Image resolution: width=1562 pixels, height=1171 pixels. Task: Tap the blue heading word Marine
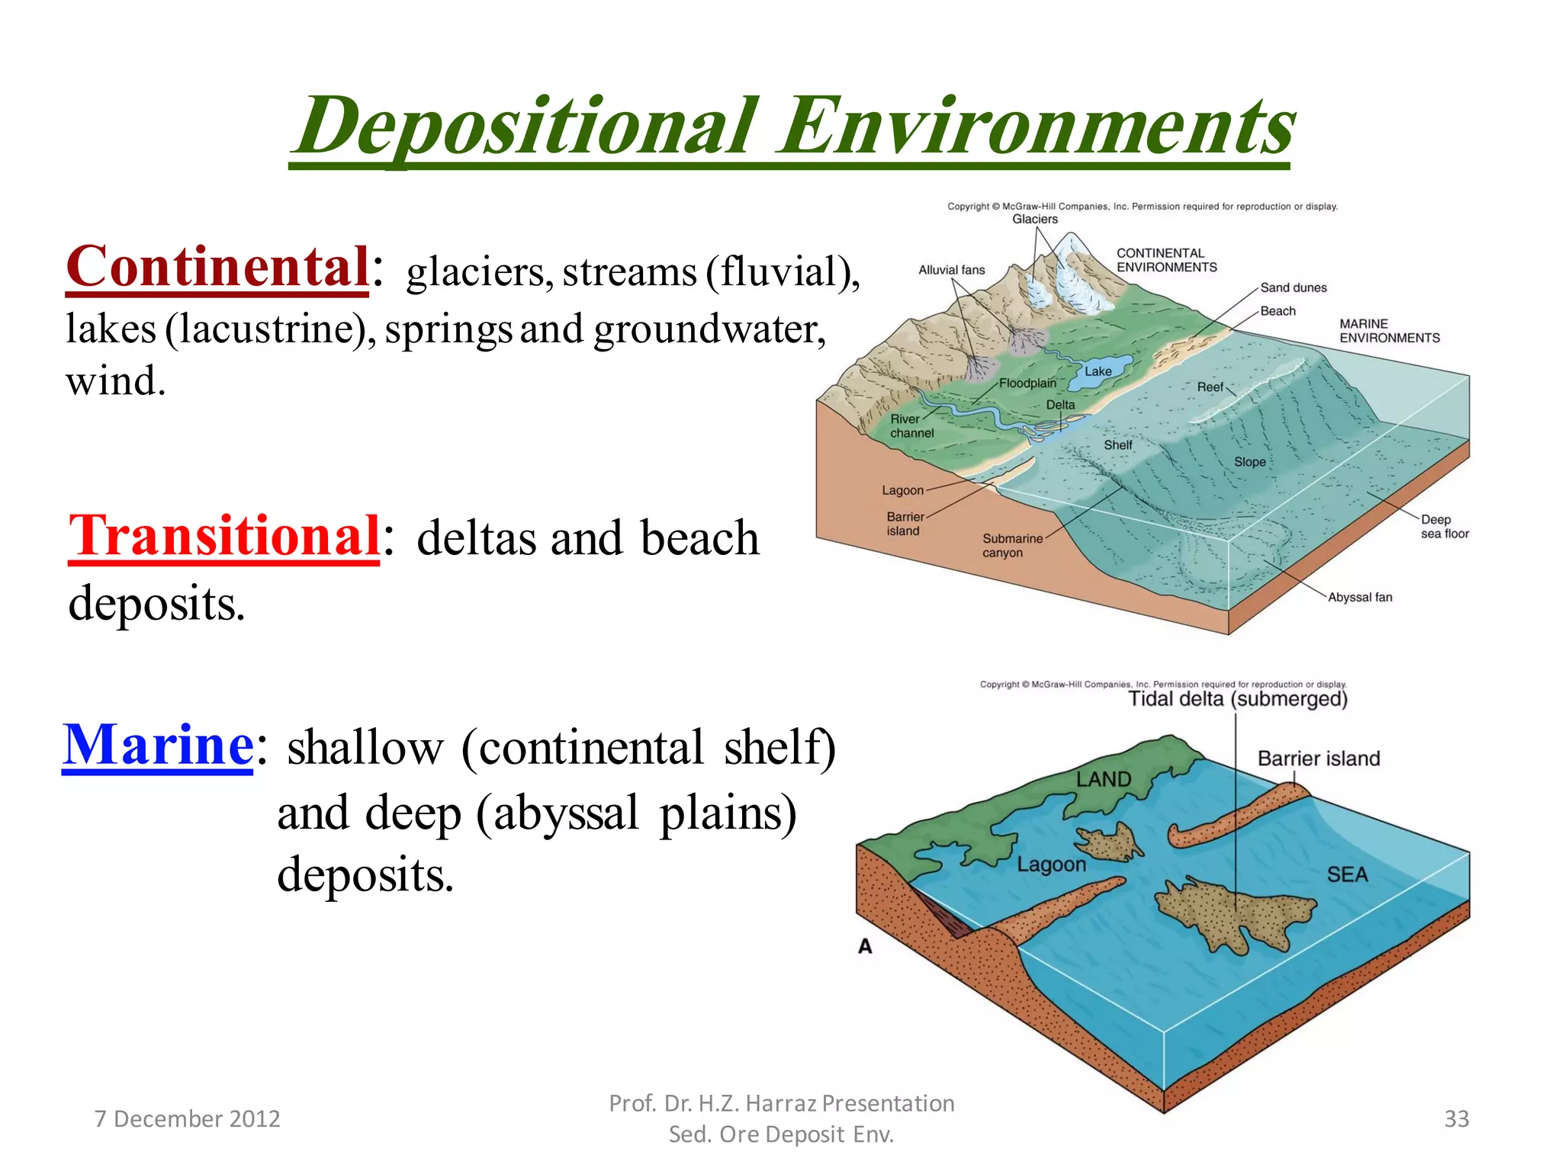click(x=158, y=745)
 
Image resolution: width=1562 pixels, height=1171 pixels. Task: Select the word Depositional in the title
click(x=526, y=126)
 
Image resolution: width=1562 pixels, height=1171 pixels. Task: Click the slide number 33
click(x=1456, y=1118)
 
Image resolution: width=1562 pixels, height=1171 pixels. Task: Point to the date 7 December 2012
click(x=187, y=1118)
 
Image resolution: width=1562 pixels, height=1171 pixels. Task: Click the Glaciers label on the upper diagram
click(x=1034, y=220)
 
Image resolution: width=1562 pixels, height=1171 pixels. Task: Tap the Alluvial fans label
click(x=951, y=270)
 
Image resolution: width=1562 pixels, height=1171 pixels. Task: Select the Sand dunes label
click(x=1293, y=287)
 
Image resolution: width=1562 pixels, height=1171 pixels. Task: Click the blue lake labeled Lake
click(x=1098, y=371)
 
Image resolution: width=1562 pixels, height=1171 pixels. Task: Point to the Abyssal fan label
click(x=1359, y=597)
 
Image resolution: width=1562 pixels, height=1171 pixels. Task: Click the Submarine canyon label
click(x=1011, y=545)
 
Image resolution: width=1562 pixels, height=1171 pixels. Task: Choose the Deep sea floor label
click(x=1444, y=526)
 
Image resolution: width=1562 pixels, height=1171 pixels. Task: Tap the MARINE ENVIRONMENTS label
click(x=1389, y=331)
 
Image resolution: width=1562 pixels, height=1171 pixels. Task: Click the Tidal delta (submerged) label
click(x=1237, y=699)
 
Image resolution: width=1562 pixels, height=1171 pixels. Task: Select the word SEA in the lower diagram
click(x=1347, y=874)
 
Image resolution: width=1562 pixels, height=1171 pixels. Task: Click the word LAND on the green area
click(x=1103, y=779)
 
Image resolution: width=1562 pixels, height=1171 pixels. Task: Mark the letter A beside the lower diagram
click(x=865, y=946)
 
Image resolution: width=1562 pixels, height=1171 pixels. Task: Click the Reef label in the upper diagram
click(x=1210, y=387)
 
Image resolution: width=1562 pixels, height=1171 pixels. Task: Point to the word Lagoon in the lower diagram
click(x=1051, y=865)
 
